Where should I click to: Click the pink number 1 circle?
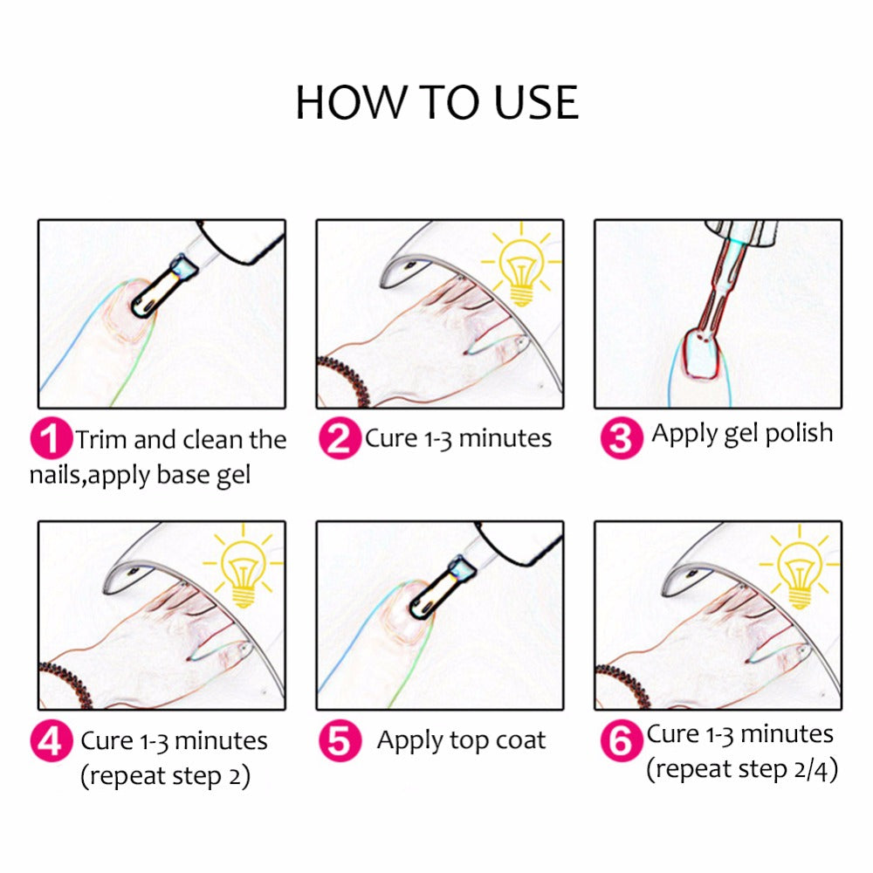click(52, 439)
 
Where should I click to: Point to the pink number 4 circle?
click(52, 742)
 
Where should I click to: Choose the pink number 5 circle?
click(340, 742)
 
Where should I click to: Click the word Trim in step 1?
click(101, 439)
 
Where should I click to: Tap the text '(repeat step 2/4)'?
click(742, 770)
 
